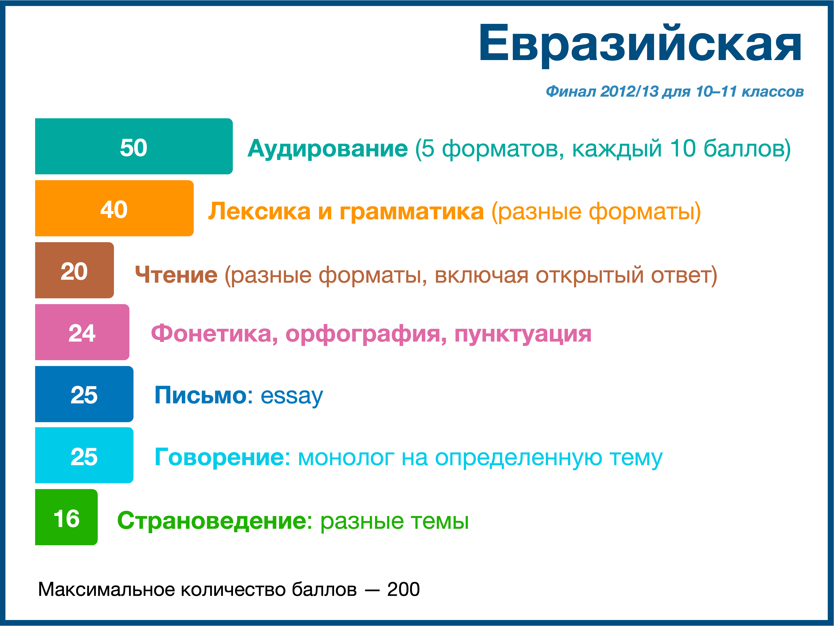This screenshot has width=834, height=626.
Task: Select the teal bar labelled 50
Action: (x=134, y=146)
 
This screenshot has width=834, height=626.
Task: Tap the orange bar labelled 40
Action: (x=114, y=208)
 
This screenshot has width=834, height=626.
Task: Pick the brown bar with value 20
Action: (x=74, y=270)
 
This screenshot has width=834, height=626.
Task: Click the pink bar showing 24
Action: (x=82, y=332)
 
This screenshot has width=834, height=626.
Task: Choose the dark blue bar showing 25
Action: (x=84, y=394)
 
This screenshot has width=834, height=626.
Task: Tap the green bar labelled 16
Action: (x=66, y=517)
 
